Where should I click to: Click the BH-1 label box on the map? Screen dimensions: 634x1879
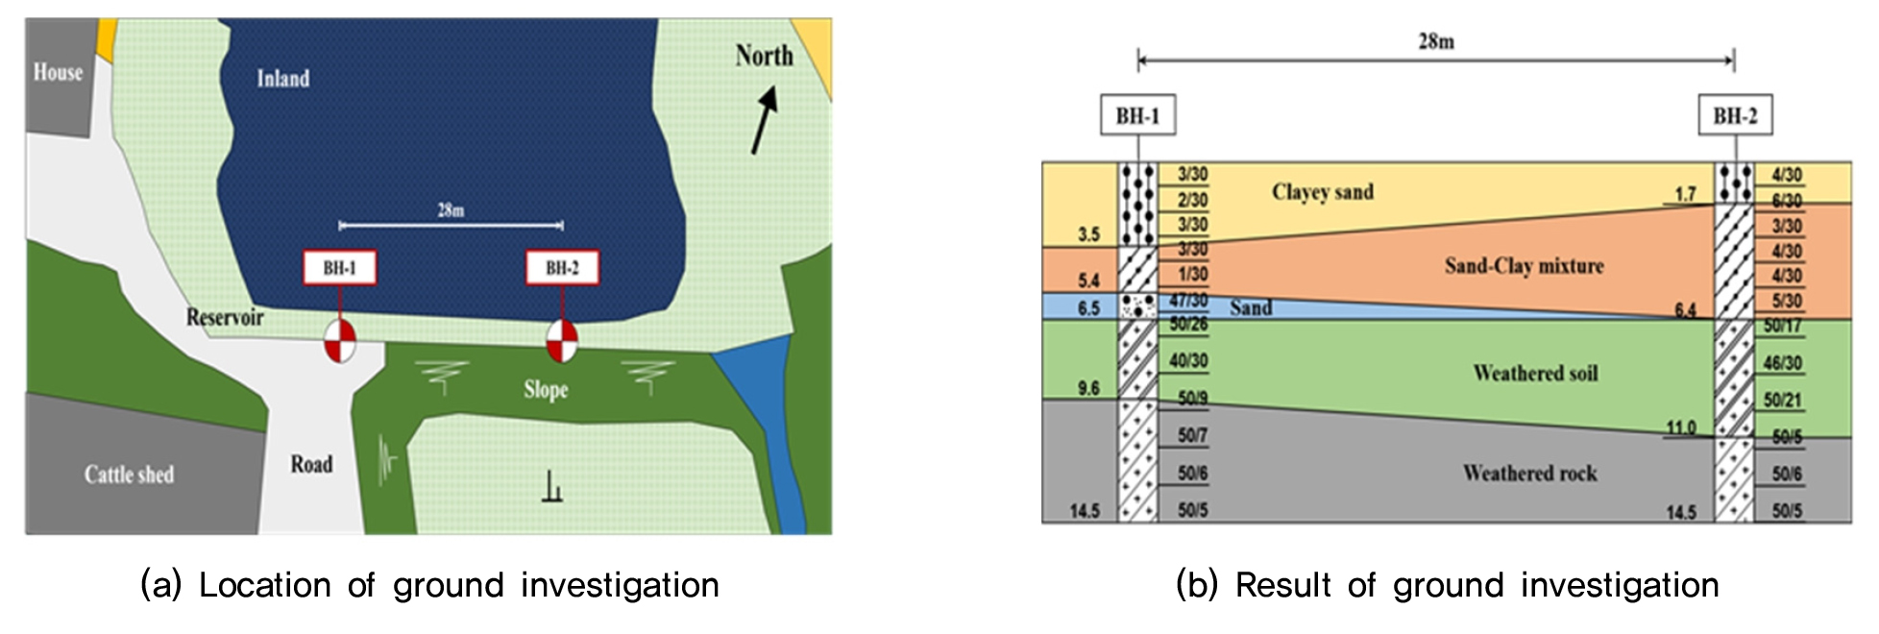pos(339,268)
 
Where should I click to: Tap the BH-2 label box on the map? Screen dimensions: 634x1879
pos(562,268)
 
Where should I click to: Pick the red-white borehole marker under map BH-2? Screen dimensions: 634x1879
pos(562,340)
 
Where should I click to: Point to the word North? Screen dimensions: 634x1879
pos(765,56)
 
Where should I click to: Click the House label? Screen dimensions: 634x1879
pos(58,72)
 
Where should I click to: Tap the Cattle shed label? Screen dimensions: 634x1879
pos(129,475)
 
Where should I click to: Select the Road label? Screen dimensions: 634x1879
pos(311,465)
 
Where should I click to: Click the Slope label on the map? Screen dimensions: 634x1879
pos(546,390)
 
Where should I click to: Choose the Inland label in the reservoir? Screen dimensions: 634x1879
pos(283,79)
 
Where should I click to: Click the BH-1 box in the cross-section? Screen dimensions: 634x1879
pos(1137,116)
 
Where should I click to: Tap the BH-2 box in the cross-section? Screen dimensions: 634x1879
pos(1735,116)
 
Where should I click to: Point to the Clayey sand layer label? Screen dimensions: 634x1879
pos(1323,192)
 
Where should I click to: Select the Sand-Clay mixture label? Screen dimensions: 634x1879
pos(1524,266)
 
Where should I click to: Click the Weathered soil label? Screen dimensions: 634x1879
pos(1535,374)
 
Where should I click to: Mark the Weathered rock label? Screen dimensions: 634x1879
pos(1529,474)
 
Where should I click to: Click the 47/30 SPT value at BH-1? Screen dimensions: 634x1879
pos(1189,300)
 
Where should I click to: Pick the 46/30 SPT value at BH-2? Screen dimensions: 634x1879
pos(1783,364)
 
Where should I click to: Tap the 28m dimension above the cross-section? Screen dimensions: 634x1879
pos(1436,41)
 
